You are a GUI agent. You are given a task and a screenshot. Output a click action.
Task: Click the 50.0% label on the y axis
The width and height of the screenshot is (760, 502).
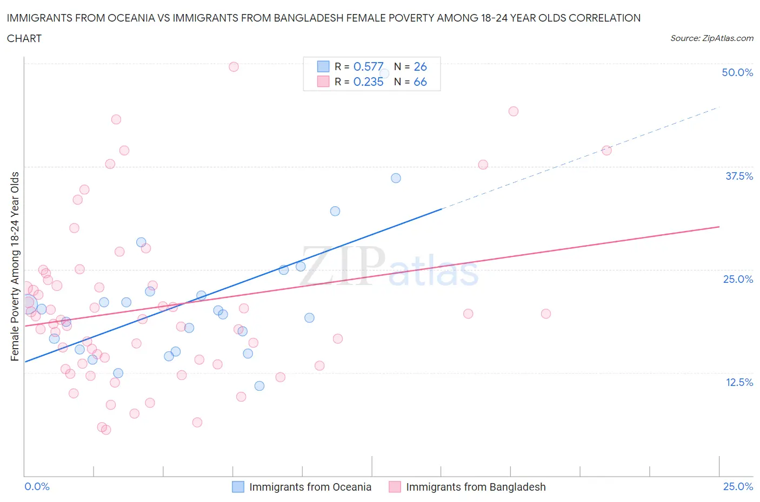(737, 72)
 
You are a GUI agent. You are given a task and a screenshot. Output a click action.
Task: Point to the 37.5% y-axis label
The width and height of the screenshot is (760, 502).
(739, 176)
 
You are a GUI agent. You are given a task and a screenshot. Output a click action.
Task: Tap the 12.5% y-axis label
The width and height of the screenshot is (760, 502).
(739, 382)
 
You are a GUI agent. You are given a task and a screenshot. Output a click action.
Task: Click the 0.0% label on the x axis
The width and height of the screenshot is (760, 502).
(37, 486)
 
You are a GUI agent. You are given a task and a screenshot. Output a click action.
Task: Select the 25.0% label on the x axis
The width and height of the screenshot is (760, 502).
(738, 486)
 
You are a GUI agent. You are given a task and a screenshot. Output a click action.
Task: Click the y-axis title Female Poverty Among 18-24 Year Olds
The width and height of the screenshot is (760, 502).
(15, 266)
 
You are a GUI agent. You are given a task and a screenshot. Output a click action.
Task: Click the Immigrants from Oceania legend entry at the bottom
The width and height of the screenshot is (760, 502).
(310, 487)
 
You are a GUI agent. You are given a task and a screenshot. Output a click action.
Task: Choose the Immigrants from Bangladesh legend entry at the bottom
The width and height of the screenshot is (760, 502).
(475, 487)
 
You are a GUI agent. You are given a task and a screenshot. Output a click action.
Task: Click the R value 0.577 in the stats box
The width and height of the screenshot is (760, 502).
(368, 66)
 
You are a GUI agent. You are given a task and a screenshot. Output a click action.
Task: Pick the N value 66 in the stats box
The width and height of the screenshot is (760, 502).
(420, 82)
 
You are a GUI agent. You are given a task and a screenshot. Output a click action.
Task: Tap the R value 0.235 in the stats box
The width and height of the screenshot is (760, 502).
(368, 82)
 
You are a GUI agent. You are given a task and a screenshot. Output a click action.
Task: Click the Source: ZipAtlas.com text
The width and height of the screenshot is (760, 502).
(711, 38)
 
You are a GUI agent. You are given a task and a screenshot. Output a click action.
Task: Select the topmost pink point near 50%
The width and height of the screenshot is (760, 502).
(234, 67)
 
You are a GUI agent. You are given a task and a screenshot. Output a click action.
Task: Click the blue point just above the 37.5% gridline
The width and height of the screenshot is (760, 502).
(396, 178)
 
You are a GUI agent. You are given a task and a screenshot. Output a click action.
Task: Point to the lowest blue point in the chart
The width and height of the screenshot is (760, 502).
(259, 386)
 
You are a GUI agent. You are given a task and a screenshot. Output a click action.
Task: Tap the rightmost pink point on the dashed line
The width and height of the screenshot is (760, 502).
(606, 151)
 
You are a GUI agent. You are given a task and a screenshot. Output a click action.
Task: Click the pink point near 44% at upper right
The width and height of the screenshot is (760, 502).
(514, 111)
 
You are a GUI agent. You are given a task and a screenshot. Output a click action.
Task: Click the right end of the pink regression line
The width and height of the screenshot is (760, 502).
(718, 227)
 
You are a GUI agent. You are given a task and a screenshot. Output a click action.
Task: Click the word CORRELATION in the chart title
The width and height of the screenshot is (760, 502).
(604, 18)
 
